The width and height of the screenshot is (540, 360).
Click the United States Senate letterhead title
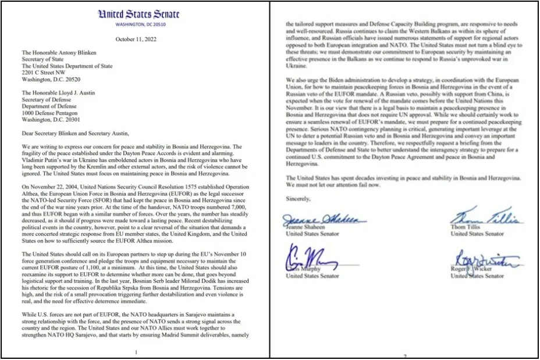coord(134,14)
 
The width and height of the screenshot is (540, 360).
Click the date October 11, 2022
coord(134,39)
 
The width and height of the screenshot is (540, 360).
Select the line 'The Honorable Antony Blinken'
coord(60,53)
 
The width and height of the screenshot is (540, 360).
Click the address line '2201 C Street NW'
coord(45,73)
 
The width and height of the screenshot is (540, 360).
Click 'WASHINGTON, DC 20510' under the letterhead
coord(134,24)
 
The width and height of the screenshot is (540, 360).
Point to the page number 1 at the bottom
coord(135,352)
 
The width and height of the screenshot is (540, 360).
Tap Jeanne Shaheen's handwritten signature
coord(323,219)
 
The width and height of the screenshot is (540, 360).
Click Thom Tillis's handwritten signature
coord(486,218)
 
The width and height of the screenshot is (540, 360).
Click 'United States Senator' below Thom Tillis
coord(477,234)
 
